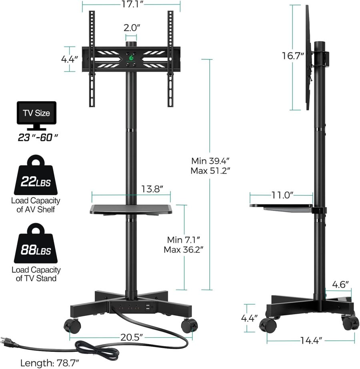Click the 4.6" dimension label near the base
341,285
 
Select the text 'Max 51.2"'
210,170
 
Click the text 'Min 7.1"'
183,240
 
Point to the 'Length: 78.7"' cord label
50,363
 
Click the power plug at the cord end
9,340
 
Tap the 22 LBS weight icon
36,178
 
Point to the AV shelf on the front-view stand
131,209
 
